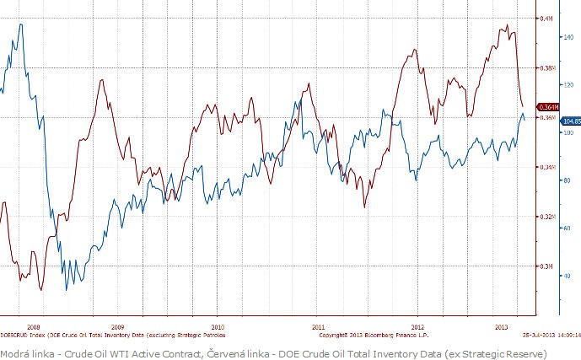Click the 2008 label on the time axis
click(x=33, y=326)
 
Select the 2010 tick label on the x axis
click(x=218, y=326)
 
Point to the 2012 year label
click(x=416, y=326)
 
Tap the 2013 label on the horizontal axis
click(x=500, y=326)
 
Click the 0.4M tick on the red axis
click(x=546, y=19)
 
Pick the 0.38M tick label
click(x=546, y=68)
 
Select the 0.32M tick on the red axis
click(x=546, y=217)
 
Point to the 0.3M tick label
click(x=546, y=266)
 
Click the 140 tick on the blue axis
click(x=567, y=37)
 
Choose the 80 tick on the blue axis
click(x=567, y=180)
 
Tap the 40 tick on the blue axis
click(x=567, y=276)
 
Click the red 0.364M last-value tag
click(x=546, y=107)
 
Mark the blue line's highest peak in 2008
click(x=20, y=24)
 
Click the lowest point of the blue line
click(x=66, y=291)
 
